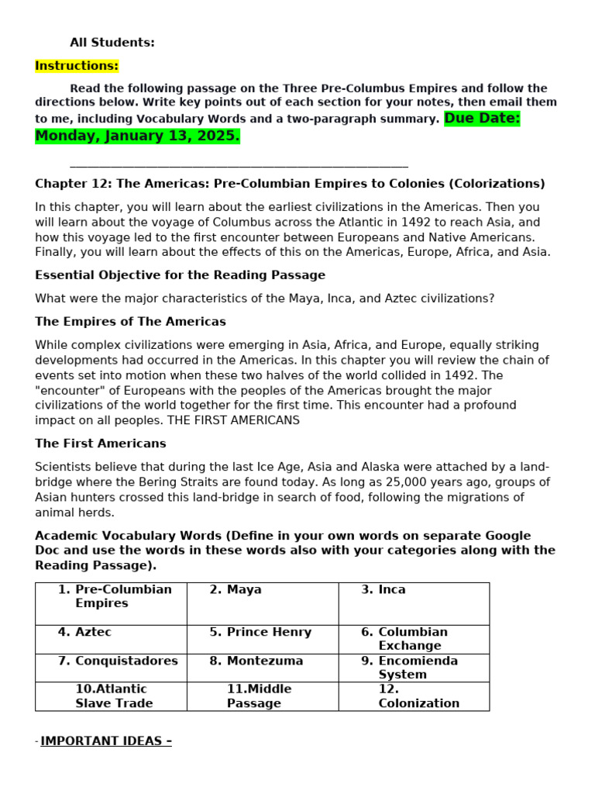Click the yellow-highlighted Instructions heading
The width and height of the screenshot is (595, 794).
coord(77,66)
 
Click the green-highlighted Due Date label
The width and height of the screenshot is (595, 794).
coord(482,119)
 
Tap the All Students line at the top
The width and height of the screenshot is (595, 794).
coord(112,43)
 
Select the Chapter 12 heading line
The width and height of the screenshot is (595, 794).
coord(290,184)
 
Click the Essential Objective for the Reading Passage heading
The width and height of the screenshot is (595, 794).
coord(180,275)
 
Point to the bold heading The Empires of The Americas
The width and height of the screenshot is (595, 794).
coord(130,322)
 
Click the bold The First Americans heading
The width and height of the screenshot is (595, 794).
coord(101,444)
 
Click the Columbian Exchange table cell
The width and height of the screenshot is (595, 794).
coord(413,639)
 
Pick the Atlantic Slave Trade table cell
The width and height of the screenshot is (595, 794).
coord(111,696)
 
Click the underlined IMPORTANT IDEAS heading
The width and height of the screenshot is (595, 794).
coord(106,741)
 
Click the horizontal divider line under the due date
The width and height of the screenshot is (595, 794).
coord(239,166)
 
